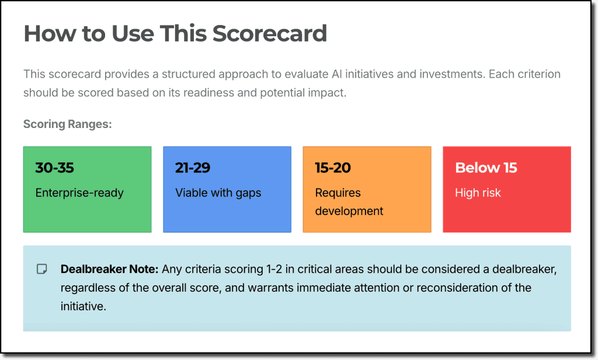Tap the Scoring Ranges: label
click(67, 124)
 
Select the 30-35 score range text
click(55, 168)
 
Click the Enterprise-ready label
click(79, 193)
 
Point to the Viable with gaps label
click(218, 193)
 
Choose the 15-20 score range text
click(333, 168)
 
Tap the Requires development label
click(349, 202)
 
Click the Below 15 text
click(486, 168)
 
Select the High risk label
click(478, 193)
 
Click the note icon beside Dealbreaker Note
click(42, 269)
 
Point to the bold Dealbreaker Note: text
click(109, 269)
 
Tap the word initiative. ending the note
click(84, 306)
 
